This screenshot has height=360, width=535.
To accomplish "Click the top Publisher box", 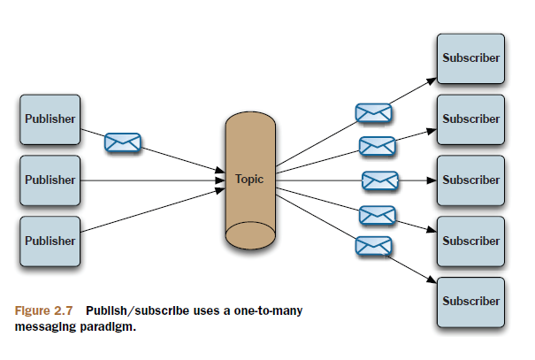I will (50, 119).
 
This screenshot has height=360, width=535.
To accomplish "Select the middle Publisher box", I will (50, 180).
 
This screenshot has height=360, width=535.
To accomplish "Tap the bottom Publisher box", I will (50, 240).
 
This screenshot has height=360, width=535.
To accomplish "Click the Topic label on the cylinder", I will (249, 179).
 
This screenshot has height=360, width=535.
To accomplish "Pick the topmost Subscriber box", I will (470, 58).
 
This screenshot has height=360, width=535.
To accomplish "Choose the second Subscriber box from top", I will (470, 119).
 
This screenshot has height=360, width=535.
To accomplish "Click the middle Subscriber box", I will (470, 180).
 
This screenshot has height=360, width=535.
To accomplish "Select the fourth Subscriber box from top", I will (470, 241).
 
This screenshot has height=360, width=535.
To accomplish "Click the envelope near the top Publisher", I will (122, 142).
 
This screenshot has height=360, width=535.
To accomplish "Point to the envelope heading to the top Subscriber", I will (373, 112).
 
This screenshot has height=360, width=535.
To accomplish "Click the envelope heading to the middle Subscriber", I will (380, 180).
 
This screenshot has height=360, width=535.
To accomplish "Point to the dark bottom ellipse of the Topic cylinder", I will (249, 234).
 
